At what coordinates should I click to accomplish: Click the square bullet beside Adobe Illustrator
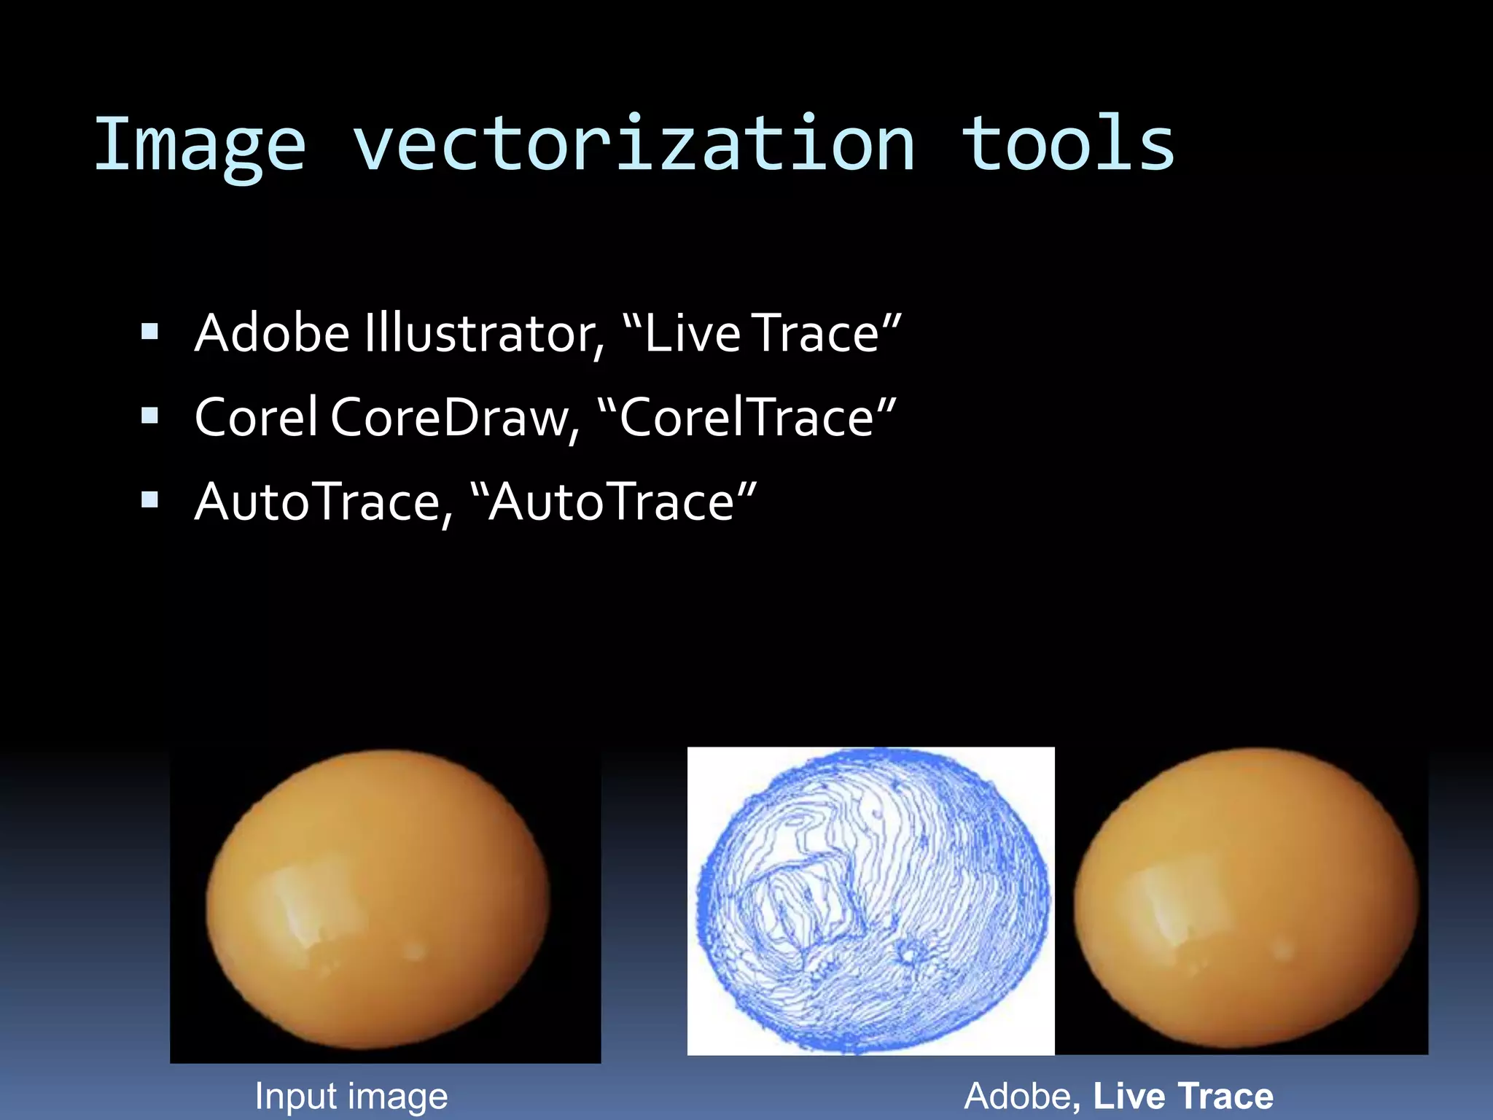coord(150,333)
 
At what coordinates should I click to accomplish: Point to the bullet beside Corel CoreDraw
coord(150,417)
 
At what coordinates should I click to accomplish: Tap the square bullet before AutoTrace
coord(150,501)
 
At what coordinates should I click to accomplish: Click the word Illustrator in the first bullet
coord(484,333)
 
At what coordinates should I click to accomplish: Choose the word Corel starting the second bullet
coord(256,417)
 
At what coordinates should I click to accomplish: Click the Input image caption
coord(351,1096)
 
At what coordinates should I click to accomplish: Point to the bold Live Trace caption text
coord(1182,1096)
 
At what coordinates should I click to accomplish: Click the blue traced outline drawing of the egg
coord(871,901)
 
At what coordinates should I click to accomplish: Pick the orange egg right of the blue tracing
coord(1247,898)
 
